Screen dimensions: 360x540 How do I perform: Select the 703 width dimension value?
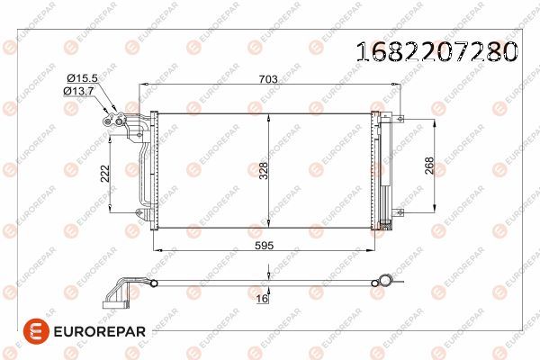tap(266, 79)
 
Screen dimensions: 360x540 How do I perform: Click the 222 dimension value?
tap(106, 173)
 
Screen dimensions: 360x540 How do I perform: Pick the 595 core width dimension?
tap(264, 244)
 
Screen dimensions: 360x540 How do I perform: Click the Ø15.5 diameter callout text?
tap(79, 79)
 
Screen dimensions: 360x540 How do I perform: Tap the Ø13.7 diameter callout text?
tap(79, 91)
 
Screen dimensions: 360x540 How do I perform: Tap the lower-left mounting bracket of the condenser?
tap(139, 213)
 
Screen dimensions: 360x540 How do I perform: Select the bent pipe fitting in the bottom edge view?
tap(121, 292)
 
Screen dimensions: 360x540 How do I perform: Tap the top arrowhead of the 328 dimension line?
tap(270, 118)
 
